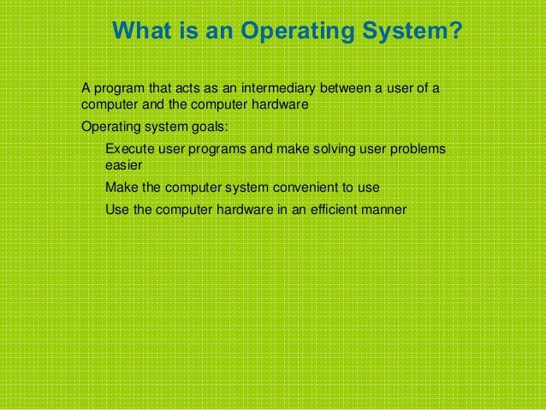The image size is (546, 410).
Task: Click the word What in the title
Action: [139, 33]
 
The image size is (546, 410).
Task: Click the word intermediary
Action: [281, 88]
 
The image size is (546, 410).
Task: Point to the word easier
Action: [123, 166]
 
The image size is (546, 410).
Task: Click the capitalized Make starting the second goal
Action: [119, 187]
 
